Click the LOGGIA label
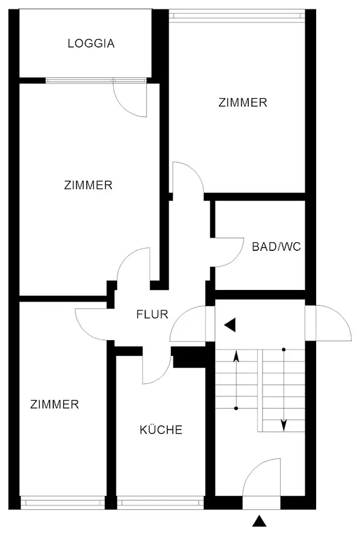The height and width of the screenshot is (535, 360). click(x=91, y=44)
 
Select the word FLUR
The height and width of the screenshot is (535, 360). click(x=152, y=315)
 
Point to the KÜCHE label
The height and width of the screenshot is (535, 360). click(x=161, y=430)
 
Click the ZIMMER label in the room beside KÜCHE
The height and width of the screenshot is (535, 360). click(x=55, y=404)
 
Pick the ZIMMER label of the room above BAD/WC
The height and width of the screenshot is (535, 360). click(x=243, y=103)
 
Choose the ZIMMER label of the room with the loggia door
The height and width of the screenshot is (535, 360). click(x=88, y=186)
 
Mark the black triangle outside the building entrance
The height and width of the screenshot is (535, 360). click(x=259, y=521)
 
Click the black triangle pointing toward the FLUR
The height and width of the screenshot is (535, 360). click(x=230, y=325)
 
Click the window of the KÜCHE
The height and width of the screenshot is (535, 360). click(x=160, y=503)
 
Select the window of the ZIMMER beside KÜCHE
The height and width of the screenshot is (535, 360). click(x=63, y=503)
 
